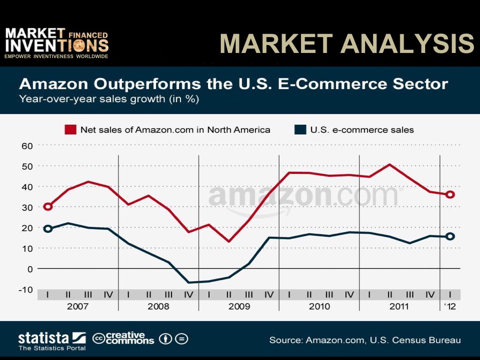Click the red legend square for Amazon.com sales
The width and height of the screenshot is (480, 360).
[70, 130]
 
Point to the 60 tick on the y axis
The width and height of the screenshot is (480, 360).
[27, 146]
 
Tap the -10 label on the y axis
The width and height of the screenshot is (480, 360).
[25, 289]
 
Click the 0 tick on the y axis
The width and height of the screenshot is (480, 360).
[29, 269]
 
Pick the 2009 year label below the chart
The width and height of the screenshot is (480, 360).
[239, 307]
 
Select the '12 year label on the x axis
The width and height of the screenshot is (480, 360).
[450, 307]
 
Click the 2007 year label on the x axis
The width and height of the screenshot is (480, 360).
[78, 307]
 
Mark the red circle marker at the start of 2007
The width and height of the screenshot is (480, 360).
[48, 206]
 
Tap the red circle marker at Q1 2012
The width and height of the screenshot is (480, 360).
[450, 195]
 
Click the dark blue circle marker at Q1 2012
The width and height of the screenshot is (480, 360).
[450, 237]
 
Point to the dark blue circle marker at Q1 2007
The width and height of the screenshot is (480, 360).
[48, 229]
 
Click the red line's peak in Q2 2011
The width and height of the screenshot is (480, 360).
[390, 165]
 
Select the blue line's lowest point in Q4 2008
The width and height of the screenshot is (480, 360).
[188, 282]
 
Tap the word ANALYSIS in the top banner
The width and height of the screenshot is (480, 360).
[408, 45]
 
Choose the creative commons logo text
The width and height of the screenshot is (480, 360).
[124, 338]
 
